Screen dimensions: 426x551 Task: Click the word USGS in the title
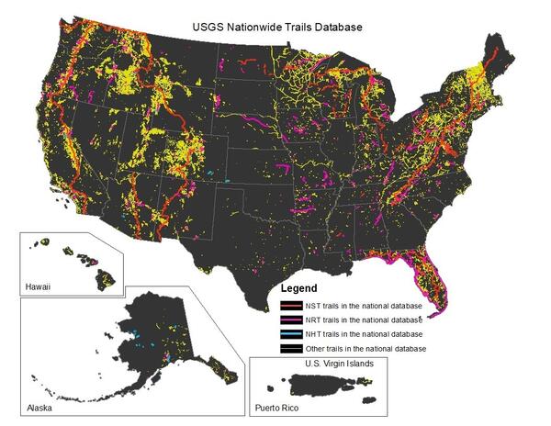204,28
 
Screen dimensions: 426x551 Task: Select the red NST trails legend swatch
291,305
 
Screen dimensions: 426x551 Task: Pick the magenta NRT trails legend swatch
291,319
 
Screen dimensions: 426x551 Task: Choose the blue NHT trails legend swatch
291,334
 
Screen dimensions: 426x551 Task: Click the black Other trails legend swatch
291,349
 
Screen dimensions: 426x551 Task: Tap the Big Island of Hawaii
96,274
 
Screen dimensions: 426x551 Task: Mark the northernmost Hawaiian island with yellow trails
43,242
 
